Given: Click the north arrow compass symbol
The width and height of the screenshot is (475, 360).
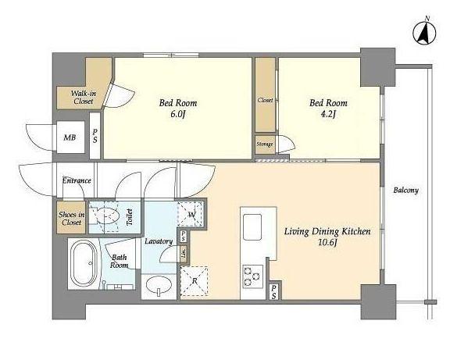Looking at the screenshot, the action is [x=424, y=32].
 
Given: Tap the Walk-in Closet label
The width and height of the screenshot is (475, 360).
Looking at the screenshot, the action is [x=84, y=97].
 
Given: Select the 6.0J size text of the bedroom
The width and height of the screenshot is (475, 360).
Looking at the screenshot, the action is [x=178, y=114].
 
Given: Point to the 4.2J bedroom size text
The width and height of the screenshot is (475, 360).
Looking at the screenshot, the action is [x=328, y=114].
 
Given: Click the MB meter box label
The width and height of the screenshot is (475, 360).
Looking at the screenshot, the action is [x=70, y=137].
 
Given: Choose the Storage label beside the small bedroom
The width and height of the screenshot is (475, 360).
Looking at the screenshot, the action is [x=265, y=144].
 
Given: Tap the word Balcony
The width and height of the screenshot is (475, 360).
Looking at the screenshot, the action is [x=406, y=191].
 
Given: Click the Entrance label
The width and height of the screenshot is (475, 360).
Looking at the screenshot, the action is [x=77, y=180].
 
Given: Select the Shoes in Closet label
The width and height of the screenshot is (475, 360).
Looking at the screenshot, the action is [x=72, y=219].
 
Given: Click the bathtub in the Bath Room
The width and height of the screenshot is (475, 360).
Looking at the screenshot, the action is [x=84, y=263].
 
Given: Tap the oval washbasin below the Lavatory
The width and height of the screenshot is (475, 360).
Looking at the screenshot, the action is [x=159, y=285].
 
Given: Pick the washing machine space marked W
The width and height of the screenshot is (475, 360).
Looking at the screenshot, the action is [x=191, y=215].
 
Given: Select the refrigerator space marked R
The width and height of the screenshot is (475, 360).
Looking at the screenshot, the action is [x=195, y=281].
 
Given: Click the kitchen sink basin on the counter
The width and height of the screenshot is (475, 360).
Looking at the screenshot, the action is [x=252, y=227].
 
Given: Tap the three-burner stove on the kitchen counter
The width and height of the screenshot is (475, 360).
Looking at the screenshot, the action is [x=252, y=276].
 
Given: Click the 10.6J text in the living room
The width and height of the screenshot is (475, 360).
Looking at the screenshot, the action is [x=327, y=243].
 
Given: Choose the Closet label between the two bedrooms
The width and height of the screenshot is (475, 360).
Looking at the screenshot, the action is [x=265, y=100].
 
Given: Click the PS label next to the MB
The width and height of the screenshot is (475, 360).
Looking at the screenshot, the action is [x=95, y=136].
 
